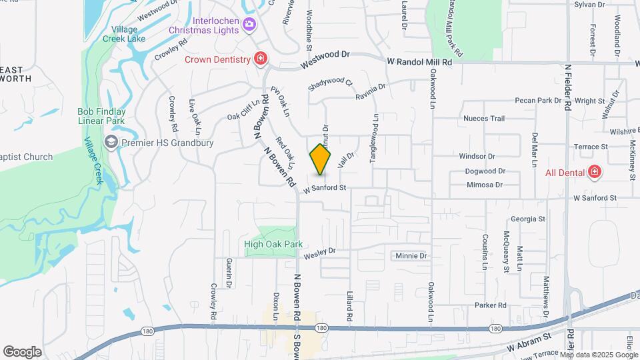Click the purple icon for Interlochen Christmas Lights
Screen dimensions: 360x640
click(249, 25)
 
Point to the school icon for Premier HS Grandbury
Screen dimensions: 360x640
click(111, 142)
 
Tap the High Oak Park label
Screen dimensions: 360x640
click(273, 245)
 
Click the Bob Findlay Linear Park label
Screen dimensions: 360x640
click(103, 117)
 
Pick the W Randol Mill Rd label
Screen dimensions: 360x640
click(420, 61)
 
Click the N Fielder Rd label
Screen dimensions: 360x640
click(568, 87)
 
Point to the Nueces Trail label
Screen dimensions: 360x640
click(484, 119)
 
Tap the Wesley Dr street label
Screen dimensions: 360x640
click(319, 253)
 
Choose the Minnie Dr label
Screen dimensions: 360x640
click(410, 255)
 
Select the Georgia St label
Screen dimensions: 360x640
click(528, 219)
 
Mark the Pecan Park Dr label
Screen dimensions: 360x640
click(539, 101)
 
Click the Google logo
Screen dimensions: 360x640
click(22, 352)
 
